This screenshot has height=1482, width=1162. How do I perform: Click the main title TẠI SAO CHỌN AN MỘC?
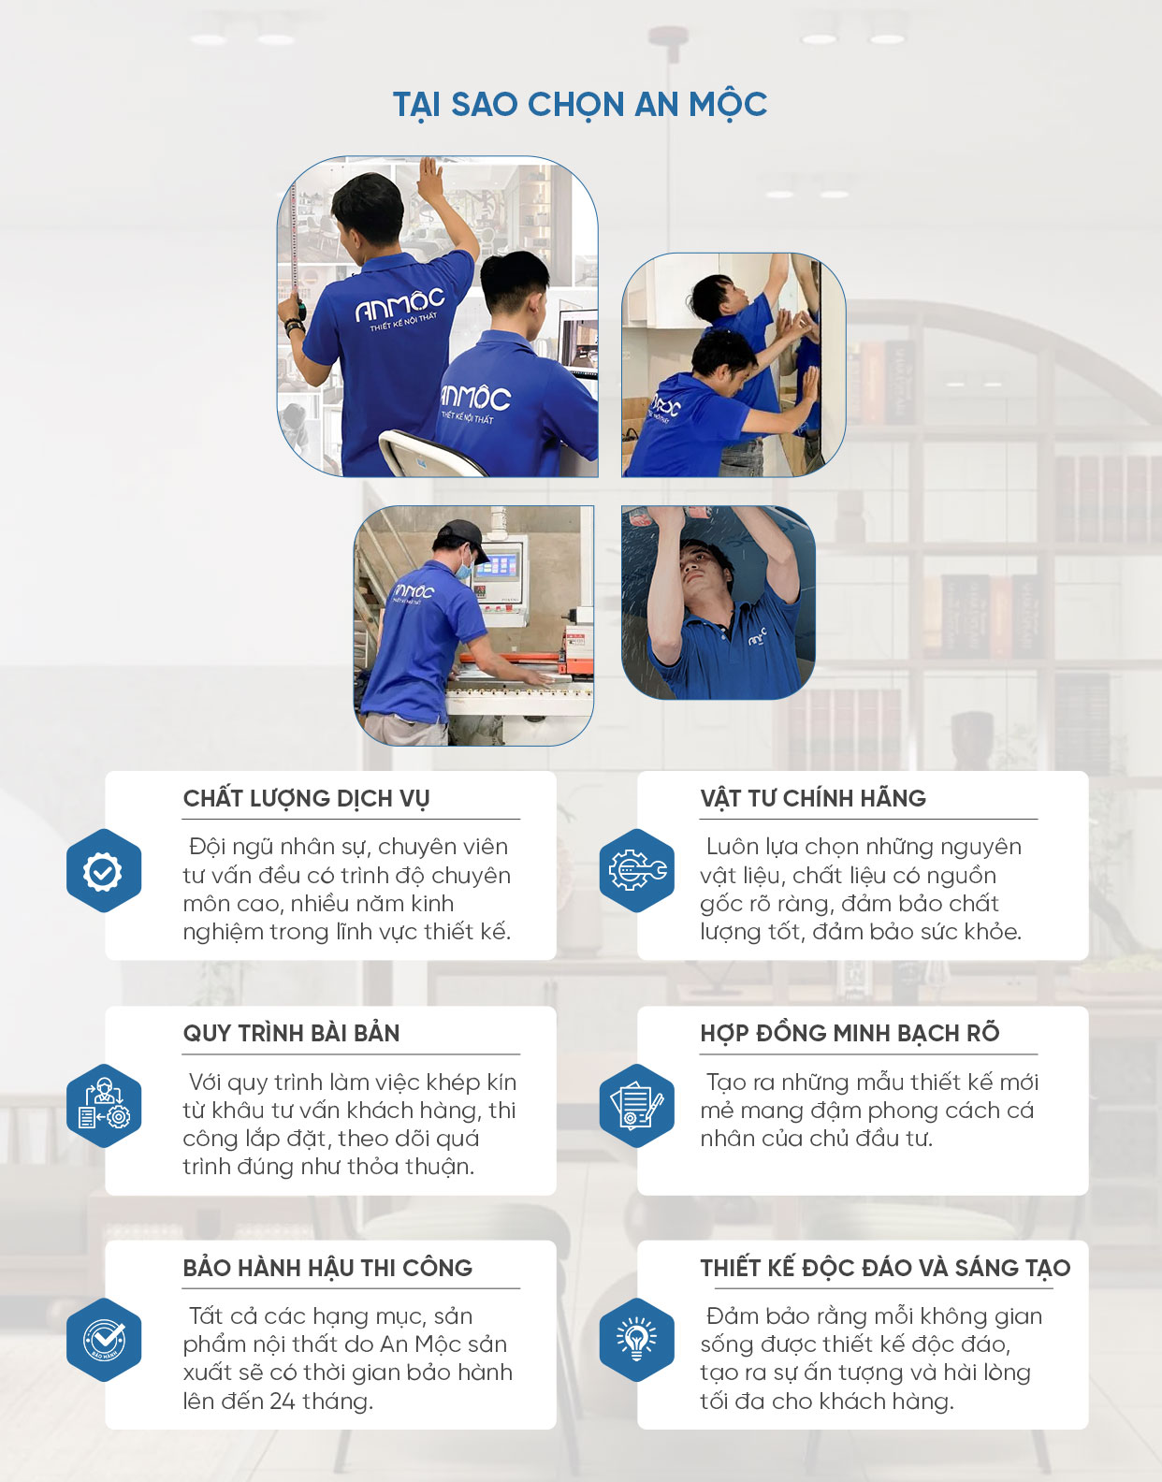580,106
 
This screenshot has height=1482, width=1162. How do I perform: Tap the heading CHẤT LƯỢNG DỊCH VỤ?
306,799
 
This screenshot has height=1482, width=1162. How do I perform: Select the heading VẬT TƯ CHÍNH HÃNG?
813,798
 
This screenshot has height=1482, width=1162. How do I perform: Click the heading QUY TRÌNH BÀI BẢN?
291,1033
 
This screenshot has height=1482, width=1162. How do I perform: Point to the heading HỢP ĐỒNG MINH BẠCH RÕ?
850,1033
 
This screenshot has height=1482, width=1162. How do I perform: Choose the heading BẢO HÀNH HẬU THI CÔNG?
327,1268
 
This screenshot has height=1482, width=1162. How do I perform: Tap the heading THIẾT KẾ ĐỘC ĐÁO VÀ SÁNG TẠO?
885,1268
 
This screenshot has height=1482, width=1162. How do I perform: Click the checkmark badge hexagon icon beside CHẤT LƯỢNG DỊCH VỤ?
104,871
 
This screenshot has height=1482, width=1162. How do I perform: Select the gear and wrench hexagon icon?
637,871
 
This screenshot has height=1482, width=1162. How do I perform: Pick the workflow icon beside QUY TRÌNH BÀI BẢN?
104,1106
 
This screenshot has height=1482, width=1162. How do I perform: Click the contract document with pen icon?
637,1106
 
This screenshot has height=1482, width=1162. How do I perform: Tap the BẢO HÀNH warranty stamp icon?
104,1340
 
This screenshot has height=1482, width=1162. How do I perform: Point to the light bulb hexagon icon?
637,1340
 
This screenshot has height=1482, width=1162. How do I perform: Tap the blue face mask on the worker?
464,567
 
